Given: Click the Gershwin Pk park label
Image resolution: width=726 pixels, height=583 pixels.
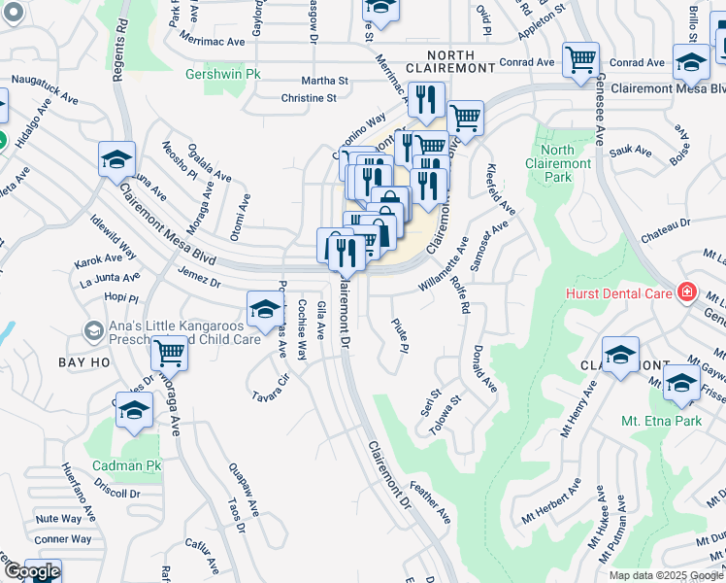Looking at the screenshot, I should click(224, 74).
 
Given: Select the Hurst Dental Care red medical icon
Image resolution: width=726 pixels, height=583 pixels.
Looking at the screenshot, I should click(687, 291).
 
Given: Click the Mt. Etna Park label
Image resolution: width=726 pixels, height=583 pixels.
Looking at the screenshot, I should click(661, 422).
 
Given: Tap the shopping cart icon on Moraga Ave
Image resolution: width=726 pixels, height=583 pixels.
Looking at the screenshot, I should click(169, 352).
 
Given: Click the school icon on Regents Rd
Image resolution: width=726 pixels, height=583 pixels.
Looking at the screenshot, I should click(115, 158).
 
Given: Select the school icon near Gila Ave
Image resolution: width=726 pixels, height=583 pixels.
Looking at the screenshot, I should click(263, 308).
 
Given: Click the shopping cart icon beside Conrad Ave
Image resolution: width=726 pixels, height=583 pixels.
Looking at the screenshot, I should click(580, 59).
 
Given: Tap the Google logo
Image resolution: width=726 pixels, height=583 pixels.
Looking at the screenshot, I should click(31, 571).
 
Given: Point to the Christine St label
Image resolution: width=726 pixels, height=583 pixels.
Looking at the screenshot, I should click(309, 98).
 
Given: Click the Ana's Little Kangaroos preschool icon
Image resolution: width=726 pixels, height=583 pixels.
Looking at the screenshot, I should click(93, 331).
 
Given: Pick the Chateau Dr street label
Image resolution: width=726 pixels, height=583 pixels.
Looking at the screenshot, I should click(665, 229).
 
